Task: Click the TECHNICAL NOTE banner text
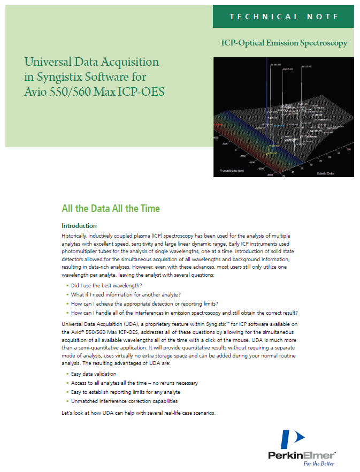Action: click(x=284, y=17)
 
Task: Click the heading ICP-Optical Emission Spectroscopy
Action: click(x=284, y=43)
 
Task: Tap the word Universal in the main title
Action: click(x=49, y=62)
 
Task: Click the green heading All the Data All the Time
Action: click(x=111, y=208)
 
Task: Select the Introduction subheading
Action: click(x=79, y=226)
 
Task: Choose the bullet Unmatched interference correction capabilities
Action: click(x=125, y=401)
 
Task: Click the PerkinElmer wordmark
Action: click(x=302, y=455)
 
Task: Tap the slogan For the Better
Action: click(x=320, y=463)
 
